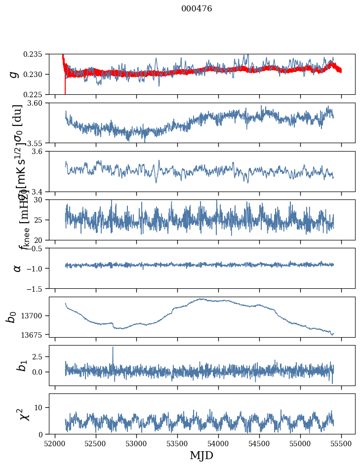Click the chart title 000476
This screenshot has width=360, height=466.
click(197, 9)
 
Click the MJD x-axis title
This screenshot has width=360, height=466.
click(201, 456)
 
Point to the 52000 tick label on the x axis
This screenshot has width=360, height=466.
click(55, 443)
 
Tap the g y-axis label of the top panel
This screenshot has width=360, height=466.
click(14, 74)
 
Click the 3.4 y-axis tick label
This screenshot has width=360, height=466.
click(40, 191)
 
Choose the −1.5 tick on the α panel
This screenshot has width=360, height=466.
click(36, 288)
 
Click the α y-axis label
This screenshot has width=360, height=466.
click(17, 268)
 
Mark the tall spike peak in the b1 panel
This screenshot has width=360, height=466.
click(113, 347)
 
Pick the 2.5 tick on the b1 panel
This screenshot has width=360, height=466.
click(39, 356)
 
